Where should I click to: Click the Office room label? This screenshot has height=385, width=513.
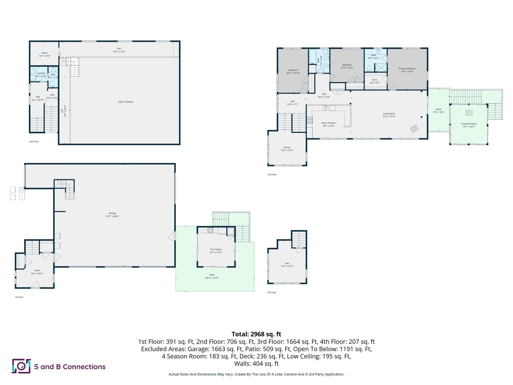tap(45, 53)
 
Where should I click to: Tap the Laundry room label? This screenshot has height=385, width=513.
tap(41, 73)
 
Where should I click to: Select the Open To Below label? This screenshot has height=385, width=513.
tap(126, 102)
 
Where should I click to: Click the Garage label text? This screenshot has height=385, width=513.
tap(112, 213)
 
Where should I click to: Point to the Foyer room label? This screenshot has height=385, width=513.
tap(37, 270)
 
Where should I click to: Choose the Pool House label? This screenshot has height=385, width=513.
tap(216, 249)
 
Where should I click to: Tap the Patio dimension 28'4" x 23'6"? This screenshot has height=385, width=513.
tap(212, 278)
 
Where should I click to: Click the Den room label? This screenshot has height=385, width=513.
tap(287, 263)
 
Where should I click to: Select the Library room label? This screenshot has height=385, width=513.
tap(287, 147)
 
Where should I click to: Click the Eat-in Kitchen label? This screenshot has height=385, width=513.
tap(329, 123)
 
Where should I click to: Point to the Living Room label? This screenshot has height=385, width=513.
tap(389, 114)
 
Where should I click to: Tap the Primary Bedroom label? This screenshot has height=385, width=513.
tap(407, 69)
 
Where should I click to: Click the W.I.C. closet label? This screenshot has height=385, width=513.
tap(375, 80)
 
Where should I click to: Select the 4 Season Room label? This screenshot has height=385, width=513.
tap(469, 124)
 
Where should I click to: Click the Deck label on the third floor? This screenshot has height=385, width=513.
tap(439, 109)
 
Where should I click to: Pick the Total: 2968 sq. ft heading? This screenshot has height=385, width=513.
tap(256, 334)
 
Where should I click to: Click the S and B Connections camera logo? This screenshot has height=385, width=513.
tap(21, 366)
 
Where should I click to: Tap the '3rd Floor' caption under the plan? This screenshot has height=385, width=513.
tap(272, 174)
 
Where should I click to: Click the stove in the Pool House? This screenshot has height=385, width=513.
tap(210, 230)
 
